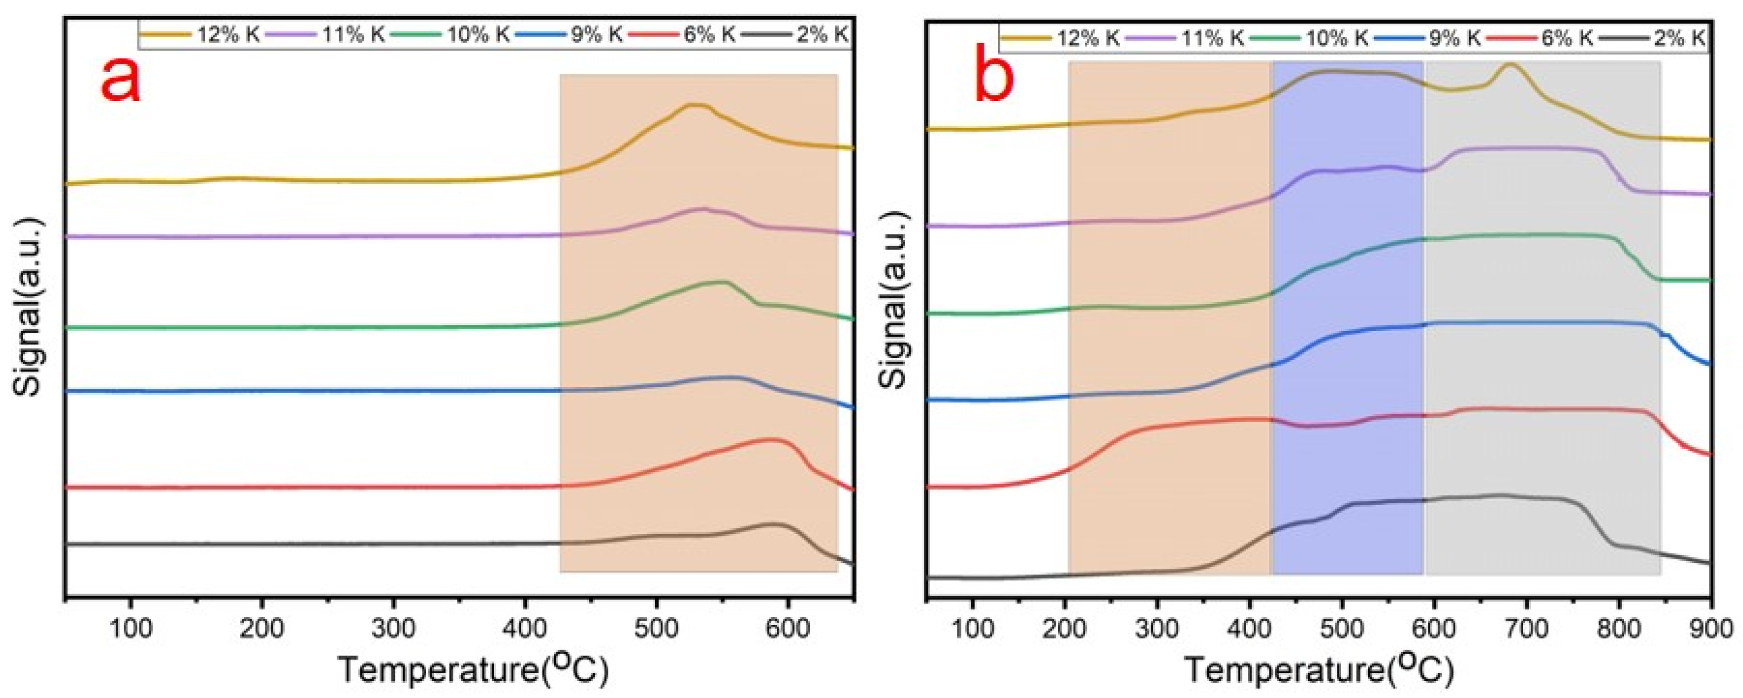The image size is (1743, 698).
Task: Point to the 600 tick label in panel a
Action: click(x=786, y=629)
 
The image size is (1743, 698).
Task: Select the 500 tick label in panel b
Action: click(x=1342, y=629)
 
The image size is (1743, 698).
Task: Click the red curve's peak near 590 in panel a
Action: click(x=770, y=440)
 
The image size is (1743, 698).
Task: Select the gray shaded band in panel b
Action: click(x=1543, y=339)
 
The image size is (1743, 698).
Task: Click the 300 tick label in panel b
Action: click(x=1157, y=629)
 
